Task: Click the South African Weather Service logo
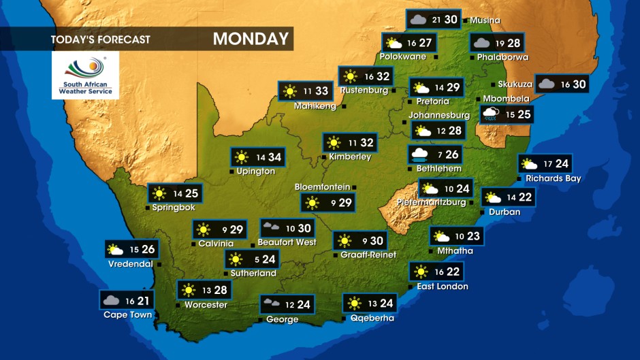tap(85, 75)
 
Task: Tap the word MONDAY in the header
tap(251, 39)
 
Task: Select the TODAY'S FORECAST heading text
tap(100, 39)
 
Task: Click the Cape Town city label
tap(127, 315)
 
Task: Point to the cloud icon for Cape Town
tap(111, 300)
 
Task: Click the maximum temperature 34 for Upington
tap(274, 157)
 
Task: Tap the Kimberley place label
tap(350, 157)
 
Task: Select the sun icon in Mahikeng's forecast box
tap(290, 91)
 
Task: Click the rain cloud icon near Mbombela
tap(490, 114)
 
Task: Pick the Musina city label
tap(485, 20)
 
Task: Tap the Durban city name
tap(505, 212)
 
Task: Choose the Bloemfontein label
tap(322, 187)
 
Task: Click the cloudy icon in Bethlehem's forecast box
tap(419, 155)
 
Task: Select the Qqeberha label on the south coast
tap(372, 318)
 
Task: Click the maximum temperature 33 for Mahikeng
tap(321, 91)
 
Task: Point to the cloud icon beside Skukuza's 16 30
tap(546, 84)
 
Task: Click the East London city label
tap(443, 287)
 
